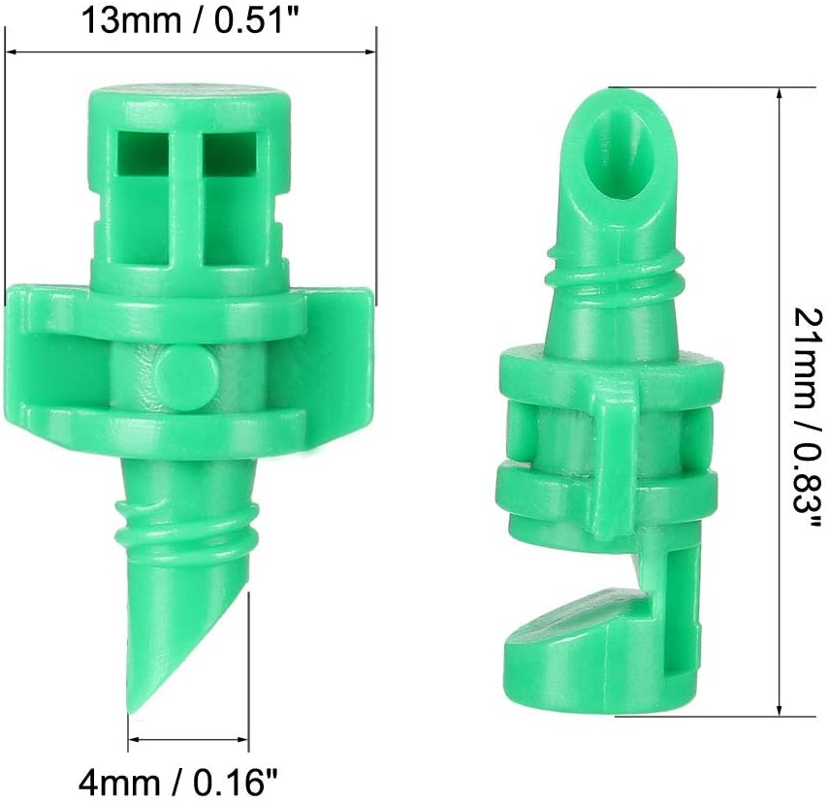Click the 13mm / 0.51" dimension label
190,22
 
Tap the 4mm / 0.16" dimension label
178,783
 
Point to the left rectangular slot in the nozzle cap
143,152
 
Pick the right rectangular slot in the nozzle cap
229,152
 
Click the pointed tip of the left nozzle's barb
131,712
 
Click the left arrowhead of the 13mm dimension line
12,52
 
